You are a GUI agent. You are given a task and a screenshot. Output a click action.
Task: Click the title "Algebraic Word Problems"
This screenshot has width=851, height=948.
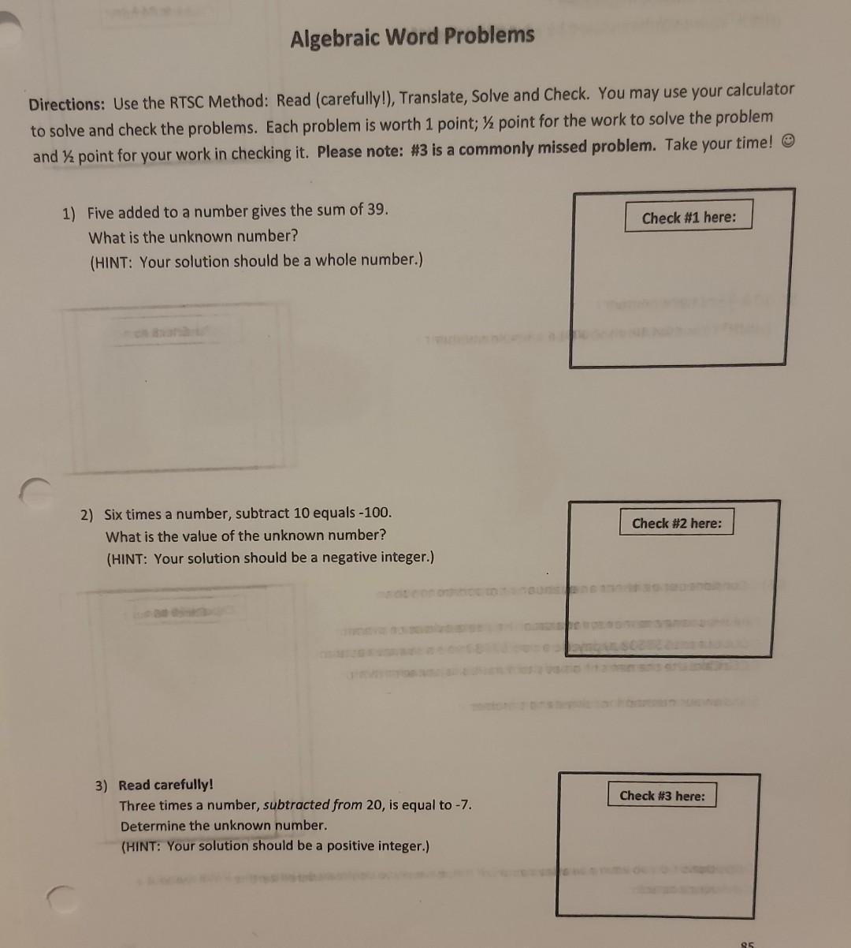point(412,36)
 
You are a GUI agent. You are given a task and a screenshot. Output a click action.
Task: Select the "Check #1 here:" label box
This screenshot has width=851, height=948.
point(689,217)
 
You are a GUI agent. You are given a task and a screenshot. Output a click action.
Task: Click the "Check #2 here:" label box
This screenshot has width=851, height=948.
point(676,523)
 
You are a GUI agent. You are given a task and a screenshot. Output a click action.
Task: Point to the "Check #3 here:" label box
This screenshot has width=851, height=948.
point(662,795)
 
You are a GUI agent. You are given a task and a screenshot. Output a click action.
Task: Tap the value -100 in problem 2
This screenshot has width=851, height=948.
point(374,513)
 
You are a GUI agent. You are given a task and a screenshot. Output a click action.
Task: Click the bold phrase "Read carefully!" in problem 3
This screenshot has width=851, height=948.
point(165,785)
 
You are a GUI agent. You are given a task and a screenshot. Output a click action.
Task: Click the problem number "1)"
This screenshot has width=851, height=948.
point(69,214)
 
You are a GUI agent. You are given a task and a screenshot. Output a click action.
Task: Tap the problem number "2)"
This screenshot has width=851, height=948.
point(86,516)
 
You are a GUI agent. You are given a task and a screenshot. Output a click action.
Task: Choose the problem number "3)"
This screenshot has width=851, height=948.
point(102,786)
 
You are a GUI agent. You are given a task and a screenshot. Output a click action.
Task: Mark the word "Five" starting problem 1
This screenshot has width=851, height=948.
point(101,213)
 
